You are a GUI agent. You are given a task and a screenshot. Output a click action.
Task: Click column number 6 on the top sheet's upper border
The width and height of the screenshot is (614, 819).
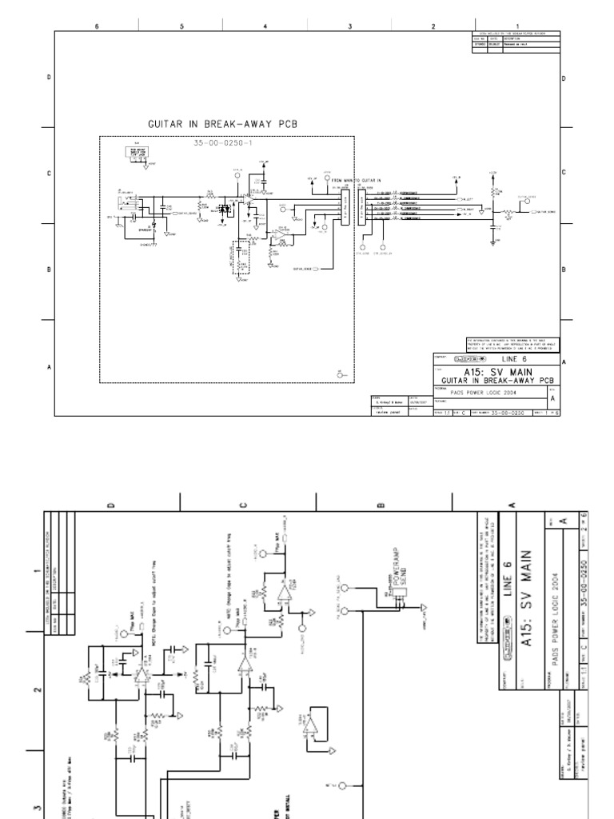pyautogui.click(x=97, y=26)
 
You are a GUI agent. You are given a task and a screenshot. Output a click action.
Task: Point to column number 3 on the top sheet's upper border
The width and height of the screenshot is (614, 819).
pyautogui.click(x=349, y=26)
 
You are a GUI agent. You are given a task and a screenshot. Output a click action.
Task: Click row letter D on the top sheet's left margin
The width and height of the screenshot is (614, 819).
pyautogui.click(x=50, y=78)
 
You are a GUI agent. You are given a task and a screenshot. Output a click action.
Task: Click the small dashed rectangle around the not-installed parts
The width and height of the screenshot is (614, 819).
pyautogui.click(x=240, y=258)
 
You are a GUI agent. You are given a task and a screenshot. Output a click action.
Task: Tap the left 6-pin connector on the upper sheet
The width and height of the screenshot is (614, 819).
pyautogui.click(x=345, y=209)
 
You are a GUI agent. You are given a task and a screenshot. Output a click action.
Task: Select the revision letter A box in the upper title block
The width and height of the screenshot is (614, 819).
pyautogui.click(x=554, y=397)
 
